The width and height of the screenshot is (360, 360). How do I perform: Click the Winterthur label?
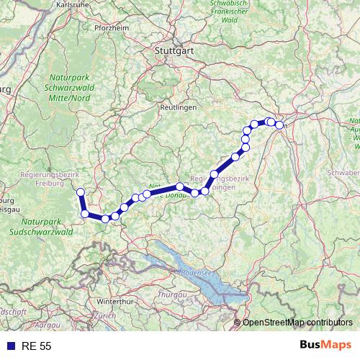pyautogui.click(x=116, y=300)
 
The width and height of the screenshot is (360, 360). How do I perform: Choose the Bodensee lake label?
pyautogui.click(x=194, y=274)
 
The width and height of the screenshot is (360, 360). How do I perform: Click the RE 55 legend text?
pyautogui.click(x=36, y=346)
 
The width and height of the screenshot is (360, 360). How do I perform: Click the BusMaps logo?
pyautogui.click(x=325, y=346)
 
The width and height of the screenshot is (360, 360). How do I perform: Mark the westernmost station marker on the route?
pyautogui.click(x=81, y=192)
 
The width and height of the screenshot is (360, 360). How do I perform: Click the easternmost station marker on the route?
pyautogui.click(x=279, y=125)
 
